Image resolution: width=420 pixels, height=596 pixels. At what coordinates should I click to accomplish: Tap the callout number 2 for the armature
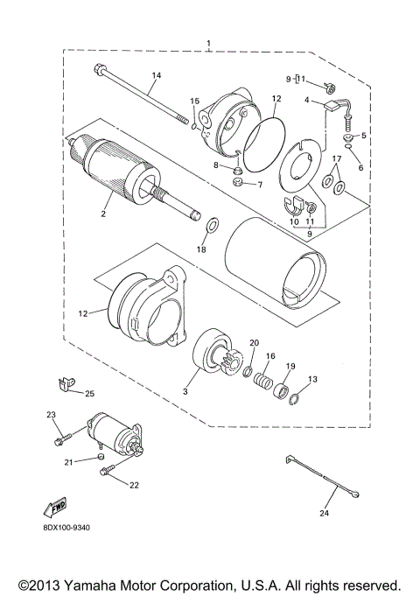102,213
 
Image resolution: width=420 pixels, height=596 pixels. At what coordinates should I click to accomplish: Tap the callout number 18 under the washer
201,250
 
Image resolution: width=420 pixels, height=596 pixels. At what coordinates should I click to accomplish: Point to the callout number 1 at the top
208,43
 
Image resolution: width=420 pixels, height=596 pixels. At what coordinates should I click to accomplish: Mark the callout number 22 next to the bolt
134,485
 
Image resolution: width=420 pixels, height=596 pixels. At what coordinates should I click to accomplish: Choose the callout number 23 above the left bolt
51,414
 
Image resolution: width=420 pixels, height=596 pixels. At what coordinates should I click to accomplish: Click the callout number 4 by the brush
306,102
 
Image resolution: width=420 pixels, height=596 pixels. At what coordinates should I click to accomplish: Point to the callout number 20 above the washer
255,342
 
